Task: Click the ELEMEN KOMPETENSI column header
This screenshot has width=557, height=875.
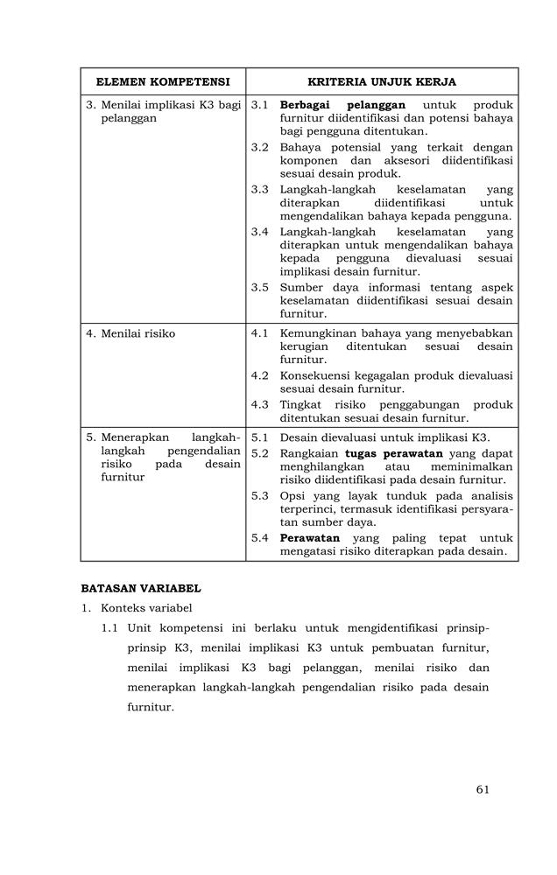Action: click(163, 81)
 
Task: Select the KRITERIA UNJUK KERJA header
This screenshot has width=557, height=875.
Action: click(382, 81)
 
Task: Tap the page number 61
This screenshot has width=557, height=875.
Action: click(483, 789)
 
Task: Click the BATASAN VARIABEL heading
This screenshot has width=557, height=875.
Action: click(141, 588)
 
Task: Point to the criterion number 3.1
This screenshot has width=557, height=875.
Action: click(259, 105)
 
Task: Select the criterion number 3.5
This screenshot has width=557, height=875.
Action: click(259, 287)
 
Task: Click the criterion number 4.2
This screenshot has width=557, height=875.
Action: click(259, 375)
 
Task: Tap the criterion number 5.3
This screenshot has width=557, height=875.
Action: click(259, 495)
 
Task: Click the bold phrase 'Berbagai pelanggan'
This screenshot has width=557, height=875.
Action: click(342, 105)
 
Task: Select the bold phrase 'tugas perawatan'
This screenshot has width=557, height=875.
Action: click(397, 453)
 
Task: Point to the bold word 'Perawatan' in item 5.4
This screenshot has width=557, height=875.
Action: click(310, 537)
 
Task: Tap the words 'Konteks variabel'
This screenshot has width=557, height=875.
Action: click(146, 607)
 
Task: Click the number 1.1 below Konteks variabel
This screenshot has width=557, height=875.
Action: click(109, 627)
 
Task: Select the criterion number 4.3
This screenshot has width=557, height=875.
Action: click(259, 405)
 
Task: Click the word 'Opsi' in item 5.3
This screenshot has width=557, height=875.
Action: click(293, 495)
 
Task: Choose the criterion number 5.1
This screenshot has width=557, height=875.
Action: click(259, 437)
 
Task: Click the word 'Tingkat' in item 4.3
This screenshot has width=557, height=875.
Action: click(302, 405)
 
